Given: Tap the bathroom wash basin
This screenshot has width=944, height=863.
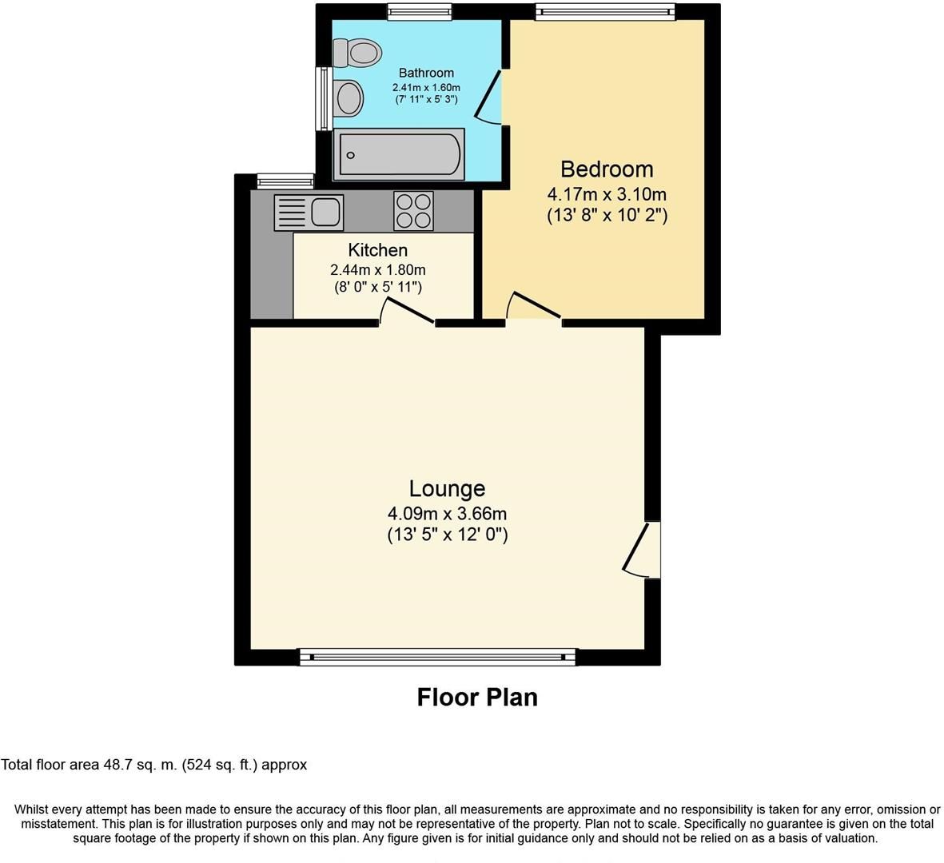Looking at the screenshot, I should point(349,99).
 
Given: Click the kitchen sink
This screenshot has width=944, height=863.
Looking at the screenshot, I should point(309,213).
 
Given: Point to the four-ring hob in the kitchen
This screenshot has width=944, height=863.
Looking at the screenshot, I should point(413,211).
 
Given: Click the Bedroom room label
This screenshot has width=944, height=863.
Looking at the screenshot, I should point(607,169).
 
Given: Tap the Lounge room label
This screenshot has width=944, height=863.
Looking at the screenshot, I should point(447,488).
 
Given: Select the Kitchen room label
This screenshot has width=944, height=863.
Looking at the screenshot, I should point(377,250).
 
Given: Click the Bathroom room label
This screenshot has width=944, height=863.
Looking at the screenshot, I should point(426,73).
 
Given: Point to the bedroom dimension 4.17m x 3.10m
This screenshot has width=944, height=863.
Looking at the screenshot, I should point(607,194).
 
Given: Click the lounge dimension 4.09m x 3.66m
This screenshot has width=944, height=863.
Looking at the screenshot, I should point(447,514).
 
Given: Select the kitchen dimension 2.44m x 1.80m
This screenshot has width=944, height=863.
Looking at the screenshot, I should point(377,270).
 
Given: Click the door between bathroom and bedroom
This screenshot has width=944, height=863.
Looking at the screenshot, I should point(489,96).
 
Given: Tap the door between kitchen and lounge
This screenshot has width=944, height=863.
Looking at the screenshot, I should point(408,312).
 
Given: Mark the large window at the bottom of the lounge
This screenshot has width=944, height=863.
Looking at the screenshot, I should point(437,657).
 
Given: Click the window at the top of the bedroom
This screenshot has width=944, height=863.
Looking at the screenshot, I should point(605,10).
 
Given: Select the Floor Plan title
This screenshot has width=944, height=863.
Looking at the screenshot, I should point(477,698).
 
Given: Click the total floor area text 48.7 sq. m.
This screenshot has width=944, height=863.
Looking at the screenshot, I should point(153,765).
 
